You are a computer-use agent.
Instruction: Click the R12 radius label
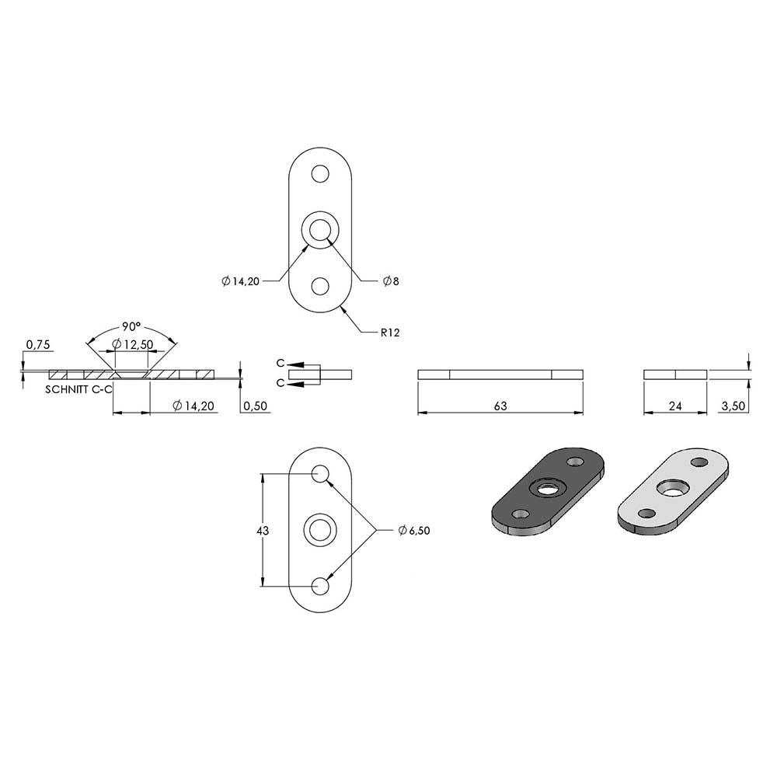pyautogui.click(x=390, y=333)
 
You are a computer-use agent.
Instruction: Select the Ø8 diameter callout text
pyautogui.click(x=391, y=281)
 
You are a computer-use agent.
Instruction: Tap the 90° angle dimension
pyautogui.click(x=131, y=327)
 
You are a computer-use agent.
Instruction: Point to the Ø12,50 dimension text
pyautogui.click(x=132, y=344)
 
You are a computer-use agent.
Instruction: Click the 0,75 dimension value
pyautogui.click(x=38, y=345)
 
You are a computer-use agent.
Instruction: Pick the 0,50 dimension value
pyautogui.click(x=256, y=406)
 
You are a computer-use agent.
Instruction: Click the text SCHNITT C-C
pyautogui.click(x=79, y=389)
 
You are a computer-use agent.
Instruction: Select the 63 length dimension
pyautogui.click(x=500, y=406)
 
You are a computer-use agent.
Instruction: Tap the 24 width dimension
pyautogui.click(x=675, y=406)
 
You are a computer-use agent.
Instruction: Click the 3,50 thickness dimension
pyautogui.click(x=733, y=406)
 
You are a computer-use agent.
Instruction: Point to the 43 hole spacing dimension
pyautogui.click(x=263, y=531)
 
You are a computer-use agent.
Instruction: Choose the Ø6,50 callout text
pyautogui.click(x=414, y=530)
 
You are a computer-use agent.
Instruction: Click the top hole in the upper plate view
pyautogui.click(x=320, y=174)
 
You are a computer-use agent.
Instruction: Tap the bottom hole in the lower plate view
pyautogui.click(x=320, y=586)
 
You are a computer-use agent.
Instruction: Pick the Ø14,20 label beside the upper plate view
pyautogui.click(x=241, y=281)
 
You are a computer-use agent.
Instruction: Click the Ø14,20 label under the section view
pyautogui.click(x=193, y=406)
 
